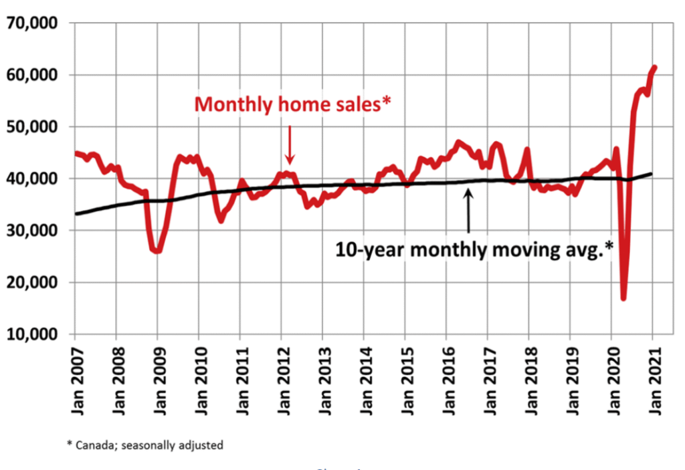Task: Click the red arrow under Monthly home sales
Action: click(x=290, y=144)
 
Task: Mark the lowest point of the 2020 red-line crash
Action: click(x=623, y=298)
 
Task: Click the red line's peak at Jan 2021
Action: click(x=655, y=67)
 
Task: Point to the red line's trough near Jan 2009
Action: click(x=158, y=251)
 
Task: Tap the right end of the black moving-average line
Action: click(x=652, y=174)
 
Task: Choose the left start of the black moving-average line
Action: click(x=76, y=214)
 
